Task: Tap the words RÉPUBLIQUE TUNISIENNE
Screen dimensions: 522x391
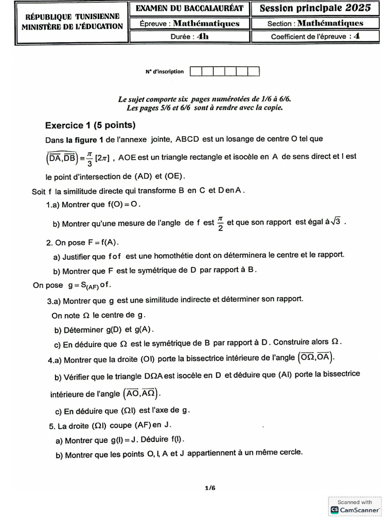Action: click(72, 17)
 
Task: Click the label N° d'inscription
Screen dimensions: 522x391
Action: click(164, 72)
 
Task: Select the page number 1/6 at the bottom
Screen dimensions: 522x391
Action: click(210, 487)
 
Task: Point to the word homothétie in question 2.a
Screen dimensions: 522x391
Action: click(184, 254)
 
